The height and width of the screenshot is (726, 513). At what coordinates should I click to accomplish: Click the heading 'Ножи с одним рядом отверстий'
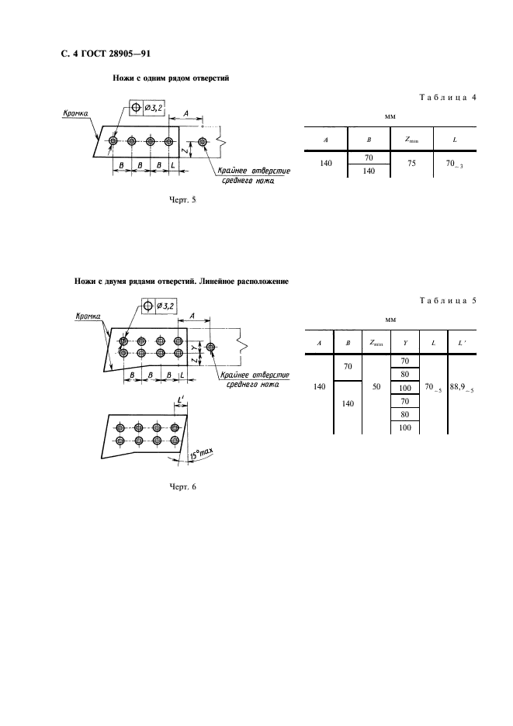pyautogui.click(x=171, y=78)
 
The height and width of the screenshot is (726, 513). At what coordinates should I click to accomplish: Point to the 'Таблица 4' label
pyautogui.click(x=452, y=98)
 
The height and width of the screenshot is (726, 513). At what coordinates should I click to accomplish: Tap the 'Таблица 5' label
pyautogui.click(x=452, y=301)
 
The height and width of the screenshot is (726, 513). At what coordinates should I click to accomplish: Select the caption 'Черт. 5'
pyautogui.click(x=182, y=200)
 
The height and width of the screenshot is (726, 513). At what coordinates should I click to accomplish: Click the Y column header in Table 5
pyautogui.click(x=404, y=342)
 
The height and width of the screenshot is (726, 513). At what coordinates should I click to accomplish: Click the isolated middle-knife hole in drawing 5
pyautogui.click(x=203, y=142)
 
